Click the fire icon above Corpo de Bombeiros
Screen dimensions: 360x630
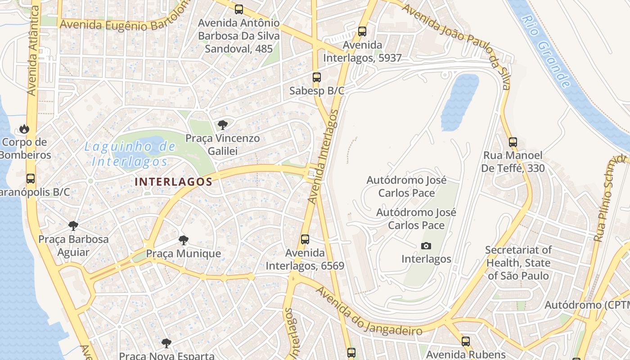click(x=24, y=129)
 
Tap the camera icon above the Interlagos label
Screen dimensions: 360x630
click(x=426, y=246)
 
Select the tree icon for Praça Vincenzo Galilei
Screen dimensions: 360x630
click(x=222, y=125)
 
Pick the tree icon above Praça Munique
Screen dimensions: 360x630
click(x=183, y=240)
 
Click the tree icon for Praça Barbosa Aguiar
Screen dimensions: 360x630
click(x=73, y=225)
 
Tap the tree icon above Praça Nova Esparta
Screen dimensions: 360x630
click(x=166, y=343)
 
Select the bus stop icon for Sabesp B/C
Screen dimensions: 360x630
click(x=317, y=77)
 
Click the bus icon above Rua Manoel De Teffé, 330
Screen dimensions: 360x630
click(x=513, y=142)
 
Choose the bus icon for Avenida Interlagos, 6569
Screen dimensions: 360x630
click(x=305, y=239)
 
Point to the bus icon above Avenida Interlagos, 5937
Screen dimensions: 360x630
click(x=362, y=31)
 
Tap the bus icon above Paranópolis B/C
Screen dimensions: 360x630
click(x=31, y=179)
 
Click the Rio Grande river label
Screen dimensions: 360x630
click(x=547, y=51)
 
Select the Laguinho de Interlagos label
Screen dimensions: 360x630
click(x=130, y=153)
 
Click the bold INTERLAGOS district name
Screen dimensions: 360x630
click(x=173, y=182)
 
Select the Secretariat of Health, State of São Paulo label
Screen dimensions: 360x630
click(x=518, y=263)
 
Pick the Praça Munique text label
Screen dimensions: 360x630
click(x=184, y=253)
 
